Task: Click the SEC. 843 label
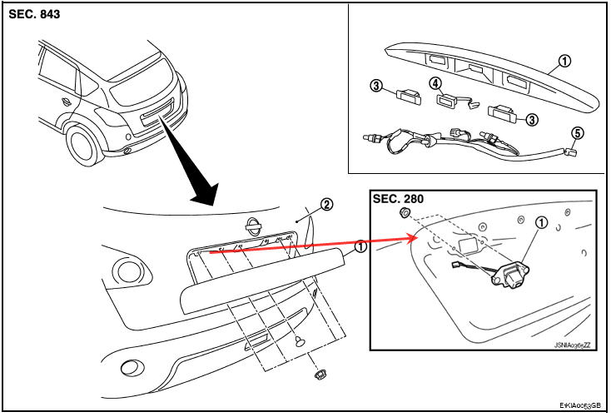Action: pyautogui.click(x=35, y=14)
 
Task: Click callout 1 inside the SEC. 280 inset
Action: pyautogui.click(x=542, y=222)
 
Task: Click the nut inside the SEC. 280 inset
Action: pyautogui.click(x=404, y=212)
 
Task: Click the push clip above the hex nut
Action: pyautogui.click(x=300, y=341)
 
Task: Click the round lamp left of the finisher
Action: pyautogui.click(x=129, y=271)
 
